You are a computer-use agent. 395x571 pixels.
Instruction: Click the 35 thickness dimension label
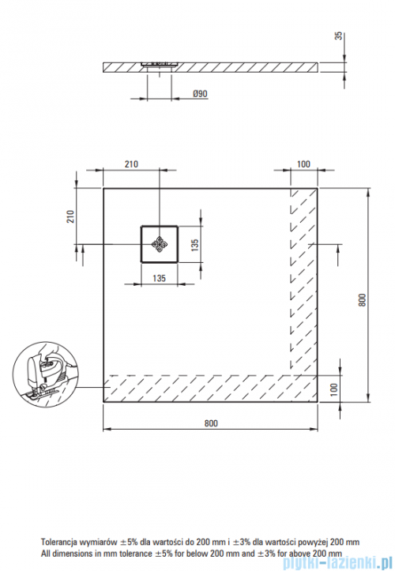(x=339, y=36)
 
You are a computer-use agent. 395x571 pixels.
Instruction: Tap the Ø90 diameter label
(x=200, y=94)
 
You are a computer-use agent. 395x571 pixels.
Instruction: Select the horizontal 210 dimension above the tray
(x=131, y=164)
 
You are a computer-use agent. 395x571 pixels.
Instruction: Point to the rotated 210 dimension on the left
(x=70, y=216)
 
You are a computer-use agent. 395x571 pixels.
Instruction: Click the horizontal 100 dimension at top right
(x=303, y=164)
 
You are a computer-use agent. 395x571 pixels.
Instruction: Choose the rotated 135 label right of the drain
(x=195, y=244)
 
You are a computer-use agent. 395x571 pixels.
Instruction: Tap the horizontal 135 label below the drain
(x=159, y=278)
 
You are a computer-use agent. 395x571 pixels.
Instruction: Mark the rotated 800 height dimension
(x=362, y=299)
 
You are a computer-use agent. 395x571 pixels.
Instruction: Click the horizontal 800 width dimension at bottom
(x=211, y=423)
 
